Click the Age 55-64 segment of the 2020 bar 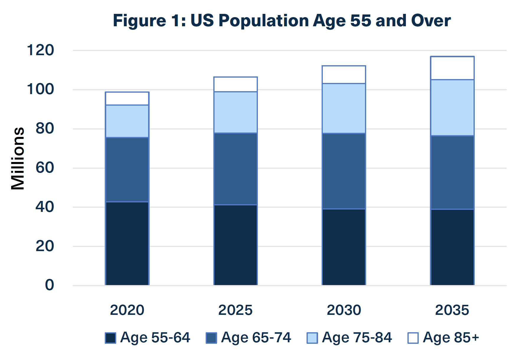click(x=127, y=243)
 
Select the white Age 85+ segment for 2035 click(x=452, y=68)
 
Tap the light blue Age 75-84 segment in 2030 click(x=344, y=108)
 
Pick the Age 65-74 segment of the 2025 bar click(x=235, y=169)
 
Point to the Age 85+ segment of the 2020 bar click(x=127, y=99)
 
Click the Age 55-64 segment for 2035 click(x=452, y=247)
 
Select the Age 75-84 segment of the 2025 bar click(x=235, y=112)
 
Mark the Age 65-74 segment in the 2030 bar click(x=344, y=171)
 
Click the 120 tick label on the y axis click(x=40, y=50)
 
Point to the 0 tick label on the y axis click(x=50, y=285)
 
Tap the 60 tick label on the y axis click(x=45, y=168)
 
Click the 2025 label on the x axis click(x=235, y=310)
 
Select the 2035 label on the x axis click(x=452, y=310)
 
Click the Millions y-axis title click(x=18, y=158)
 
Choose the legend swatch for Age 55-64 click(x=110, y=338)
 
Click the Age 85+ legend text click(x=451, y=337)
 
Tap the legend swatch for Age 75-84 click(x=312, y=338)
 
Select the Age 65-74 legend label click(x=256, y=337)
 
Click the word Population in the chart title click(x=264, y=21)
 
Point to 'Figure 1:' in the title click(x=149, y=21)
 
